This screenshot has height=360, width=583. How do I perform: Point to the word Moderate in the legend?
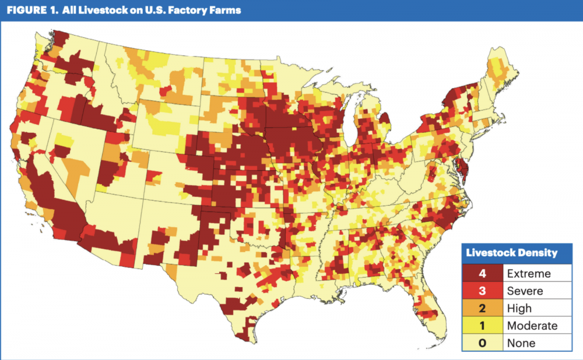[532, 326]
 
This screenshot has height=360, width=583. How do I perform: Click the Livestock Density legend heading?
[512, 253]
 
